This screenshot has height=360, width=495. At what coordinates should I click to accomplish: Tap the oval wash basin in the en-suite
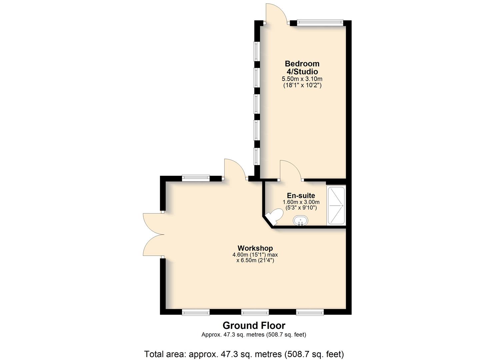[301, 221]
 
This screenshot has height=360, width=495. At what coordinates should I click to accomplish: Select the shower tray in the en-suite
[336, 206]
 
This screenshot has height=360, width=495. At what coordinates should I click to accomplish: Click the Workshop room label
[255, 248]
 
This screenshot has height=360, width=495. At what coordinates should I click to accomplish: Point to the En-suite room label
[301, 195]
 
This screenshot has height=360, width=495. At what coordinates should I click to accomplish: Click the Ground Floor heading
[254, 326]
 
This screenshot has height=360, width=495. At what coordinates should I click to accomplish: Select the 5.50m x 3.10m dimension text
[302, 79]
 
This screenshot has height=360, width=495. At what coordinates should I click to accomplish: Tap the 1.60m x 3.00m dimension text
[301, 202]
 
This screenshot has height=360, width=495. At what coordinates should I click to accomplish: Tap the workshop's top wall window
[196, 178]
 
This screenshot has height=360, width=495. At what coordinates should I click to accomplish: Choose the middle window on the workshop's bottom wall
[255, 312]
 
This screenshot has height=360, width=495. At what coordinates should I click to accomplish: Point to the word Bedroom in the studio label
[302, 64]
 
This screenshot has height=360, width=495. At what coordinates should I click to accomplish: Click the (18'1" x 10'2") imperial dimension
[302, 85]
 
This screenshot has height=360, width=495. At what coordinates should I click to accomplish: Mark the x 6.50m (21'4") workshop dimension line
[255, 260]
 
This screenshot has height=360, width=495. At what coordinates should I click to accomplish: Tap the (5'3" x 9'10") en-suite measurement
[301, 208]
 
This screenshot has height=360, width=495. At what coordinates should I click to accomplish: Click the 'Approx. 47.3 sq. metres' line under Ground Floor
[254, 335]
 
